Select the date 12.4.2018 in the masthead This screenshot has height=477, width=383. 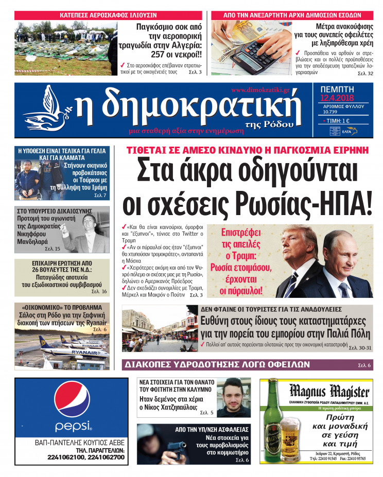[334, 98]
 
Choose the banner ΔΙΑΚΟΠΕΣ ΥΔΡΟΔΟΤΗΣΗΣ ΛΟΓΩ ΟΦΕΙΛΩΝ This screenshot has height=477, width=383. [216, 364]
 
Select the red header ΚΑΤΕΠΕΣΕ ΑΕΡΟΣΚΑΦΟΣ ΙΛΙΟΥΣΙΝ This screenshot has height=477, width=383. [108, 15]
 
